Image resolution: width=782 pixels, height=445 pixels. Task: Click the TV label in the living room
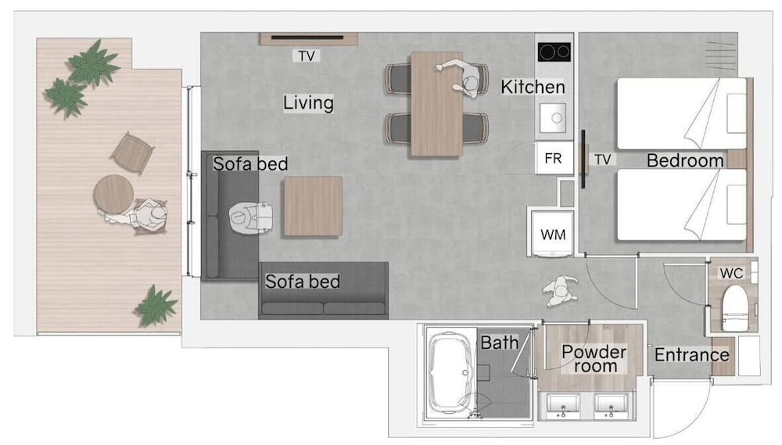[307, 56]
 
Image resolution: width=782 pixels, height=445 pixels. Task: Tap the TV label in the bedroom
[602, 159]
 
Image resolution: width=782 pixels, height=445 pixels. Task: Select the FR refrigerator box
[554, 158]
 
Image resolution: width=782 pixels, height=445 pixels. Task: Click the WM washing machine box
[553, 234]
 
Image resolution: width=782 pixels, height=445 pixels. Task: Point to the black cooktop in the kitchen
[554, 52]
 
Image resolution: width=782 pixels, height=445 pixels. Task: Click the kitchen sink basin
[553, 118]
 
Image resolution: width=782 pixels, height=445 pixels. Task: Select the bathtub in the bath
[451, 372]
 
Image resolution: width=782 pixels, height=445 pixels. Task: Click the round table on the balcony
[113, 194]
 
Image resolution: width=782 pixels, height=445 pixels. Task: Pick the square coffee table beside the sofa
[314, 206]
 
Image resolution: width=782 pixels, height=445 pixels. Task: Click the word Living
[308, 102]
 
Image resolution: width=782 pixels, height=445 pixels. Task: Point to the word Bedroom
[685, 160]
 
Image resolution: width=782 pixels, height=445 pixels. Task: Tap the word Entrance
[692, 355]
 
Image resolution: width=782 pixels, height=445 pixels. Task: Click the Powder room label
[594, 358]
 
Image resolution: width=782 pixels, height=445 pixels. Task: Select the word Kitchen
[533, 87]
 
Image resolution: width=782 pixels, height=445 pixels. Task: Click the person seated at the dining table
[464, 77]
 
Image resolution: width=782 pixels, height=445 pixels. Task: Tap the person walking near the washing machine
[561, 290]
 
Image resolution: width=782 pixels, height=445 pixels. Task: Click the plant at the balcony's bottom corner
[156, 306]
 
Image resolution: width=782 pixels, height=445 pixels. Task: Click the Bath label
[499, 343]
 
